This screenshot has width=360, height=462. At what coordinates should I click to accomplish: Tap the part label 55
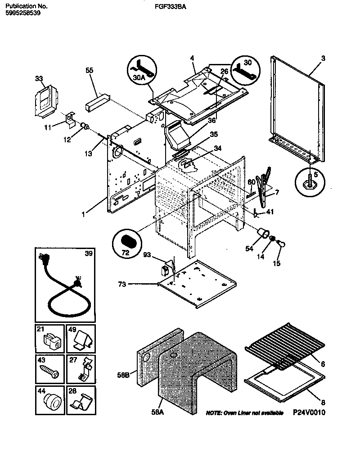click(90, 71)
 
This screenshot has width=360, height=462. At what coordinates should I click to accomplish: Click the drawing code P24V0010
click(309, 412)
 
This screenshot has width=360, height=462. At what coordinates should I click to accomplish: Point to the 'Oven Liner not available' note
click(244, 413)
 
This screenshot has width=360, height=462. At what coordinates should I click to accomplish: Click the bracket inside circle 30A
click(143, 68)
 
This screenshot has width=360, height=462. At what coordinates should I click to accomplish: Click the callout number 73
click(120, 284)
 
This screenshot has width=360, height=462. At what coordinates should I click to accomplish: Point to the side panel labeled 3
click(297, 108)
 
